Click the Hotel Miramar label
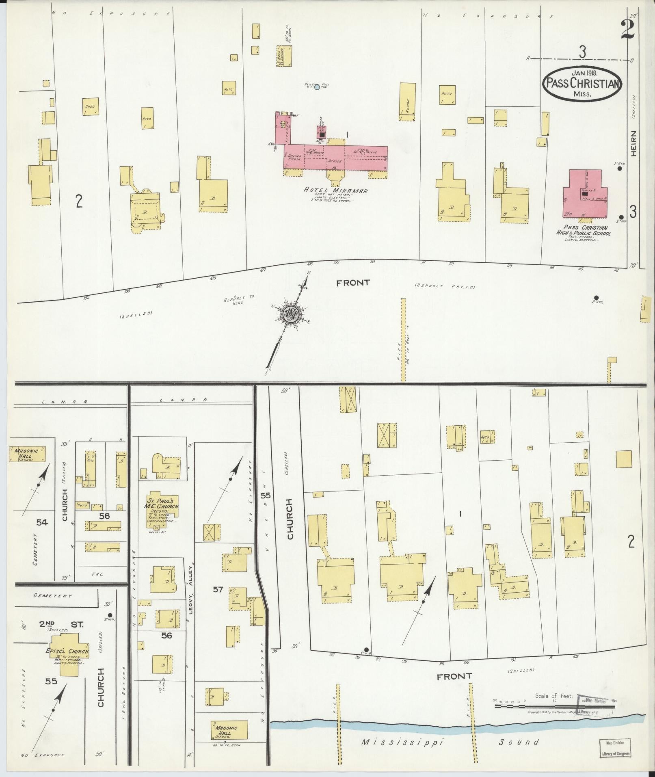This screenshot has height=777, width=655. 336,190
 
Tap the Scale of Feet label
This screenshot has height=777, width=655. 553,696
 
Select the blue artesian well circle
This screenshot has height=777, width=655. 317,87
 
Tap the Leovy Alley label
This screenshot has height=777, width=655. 189,582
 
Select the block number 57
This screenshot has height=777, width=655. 218,589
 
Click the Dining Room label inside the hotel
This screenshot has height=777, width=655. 294,157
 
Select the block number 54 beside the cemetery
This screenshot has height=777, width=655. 42,522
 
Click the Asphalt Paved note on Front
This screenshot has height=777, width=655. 445,287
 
